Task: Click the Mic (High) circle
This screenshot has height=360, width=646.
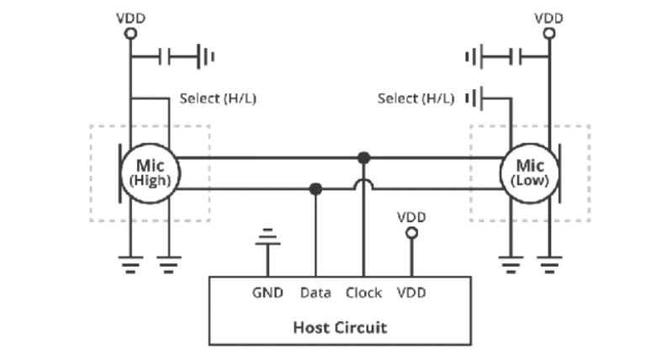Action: pos(150,172)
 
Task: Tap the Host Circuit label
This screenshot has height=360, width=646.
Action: pos(340,327)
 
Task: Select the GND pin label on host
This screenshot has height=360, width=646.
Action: pos(268,293)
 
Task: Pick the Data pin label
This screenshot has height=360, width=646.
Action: pos(315,293)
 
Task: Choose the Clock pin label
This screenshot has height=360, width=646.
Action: pos(363,293)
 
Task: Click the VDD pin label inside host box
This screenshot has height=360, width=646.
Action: pos(410,293)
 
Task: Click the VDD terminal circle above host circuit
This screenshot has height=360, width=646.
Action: pos(410,234)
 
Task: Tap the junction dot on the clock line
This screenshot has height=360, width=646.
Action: pos(363,157)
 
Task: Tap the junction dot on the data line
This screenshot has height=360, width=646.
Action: pos(315,188)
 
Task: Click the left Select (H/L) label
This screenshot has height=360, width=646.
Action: pos(218,98)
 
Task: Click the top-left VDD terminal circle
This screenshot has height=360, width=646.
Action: pos(130,34)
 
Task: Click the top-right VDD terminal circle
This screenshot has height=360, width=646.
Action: pos(549,34)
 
